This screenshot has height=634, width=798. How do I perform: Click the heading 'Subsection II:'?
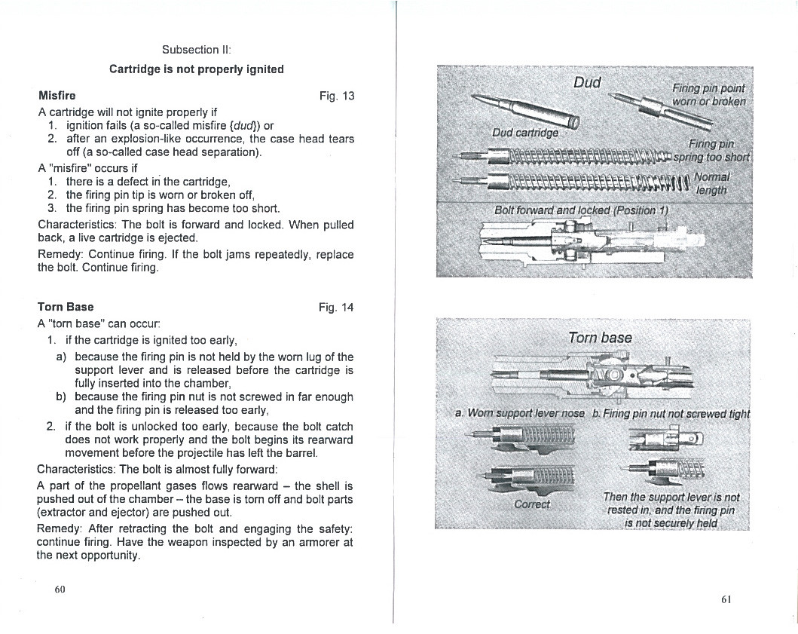coord(197,50)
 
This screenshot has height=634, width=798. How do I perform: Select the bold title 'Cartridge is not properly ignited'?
coord(197,69)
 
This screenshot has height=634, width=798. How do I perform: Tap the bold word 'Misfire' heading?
coord(57,96)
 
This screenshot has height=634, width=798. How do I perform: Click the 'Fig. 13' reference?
coord(336,96)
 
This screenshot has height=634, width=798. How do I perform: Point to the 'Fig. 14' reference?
coord(336,308)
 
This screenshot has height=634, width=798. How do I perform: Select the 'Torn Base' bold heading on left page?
coord(66,307)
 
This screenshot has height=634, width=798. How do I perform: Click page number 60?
coord(60,590)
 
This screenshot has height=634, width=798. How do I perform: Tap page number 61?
coord(726,599)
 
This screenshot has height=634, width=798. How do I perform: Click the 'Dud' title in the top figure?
coord(587,82)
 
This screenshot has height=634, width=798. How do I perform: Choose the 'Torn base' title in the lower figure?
coord(600,338)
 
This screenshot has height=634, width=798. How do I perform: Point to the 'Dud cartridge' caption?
coord(525,133)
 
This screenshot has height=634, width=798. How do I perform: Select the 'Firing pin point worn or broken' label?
coord(709,95)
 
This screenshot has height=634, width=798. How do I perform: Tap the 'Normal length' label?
coord(712,183)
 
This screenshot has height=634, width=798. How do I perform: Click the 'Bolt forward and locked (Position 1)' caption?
coord(581,210)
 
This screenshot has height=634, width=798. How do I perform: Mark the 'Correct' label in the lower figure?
coord(532,504)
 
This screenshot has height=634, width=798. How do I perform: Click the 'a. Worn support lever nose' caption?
coord(520,413)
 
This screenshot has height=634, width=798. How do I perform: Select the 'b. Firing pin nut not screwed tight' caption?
coord(671,414)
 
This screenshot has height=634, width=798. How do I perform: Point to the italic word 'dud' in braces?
coord(246,125)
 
